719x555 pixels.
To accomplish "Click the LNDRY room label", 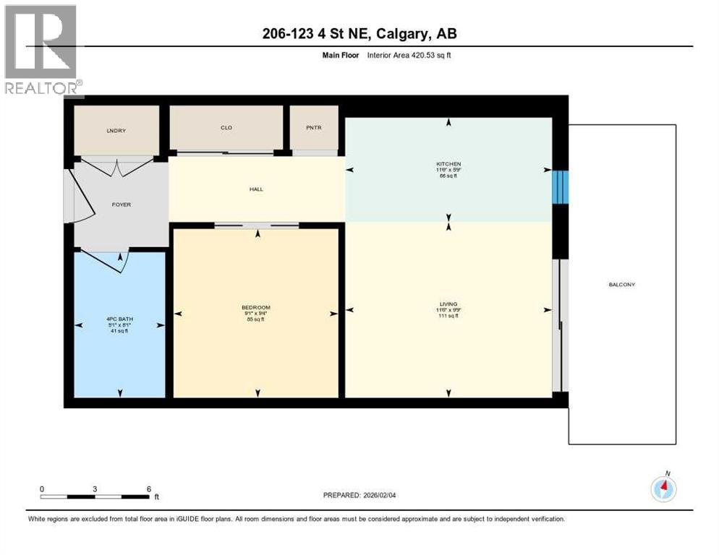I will coord(116,130).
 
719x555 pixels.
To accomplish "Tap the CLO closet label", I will coord(226,128).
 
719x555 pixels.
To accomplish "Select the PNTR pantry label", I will coord(313,128).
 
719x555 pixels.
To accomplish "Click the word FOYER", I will coord(121,205).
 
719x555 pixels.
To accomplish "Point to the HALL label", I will coord(256,189).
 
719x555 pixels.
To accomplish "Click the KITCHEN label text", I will coord(448,164).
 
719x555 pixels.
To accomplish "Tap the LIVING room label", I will coord(448,304).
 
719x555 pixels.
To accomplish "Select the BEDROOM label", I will coord(256,307).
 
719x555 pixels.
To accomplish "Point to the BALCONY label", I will coord(621,285).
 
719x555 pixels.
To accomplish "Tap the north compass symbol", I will coord(663,489).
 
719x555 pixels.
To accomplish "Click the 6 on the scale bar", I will coord(148,489).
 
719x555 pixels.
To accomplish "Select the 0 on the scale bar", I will coord(42,489).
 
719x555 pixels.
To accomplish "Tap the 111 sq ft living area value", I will coord(448,316).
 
